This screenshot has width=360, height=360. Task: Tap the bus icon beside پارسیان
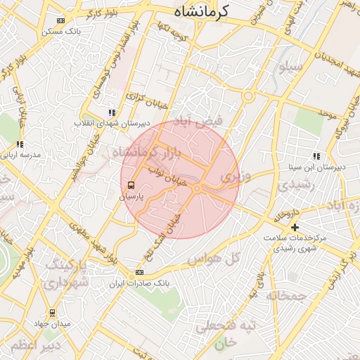(131, 186)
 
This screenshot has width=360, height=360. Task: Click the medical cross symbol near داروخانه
(295, 227)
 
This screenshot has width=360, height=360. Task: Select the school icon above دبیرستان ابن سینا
(317, 156)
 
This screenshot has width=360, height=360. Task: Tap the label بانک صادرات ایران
(139, 283)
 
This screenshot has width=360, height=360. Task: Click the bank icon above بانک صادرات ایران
(139, 272)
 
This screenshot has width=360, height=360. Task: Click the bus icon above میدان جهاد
(52, 312)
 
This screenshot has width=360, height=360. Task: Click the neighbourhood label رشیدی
(294, 185)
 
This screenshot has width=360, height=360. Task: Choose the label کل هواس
(214, 259)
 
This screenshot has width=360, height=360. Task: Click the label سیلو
(290, 68)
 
